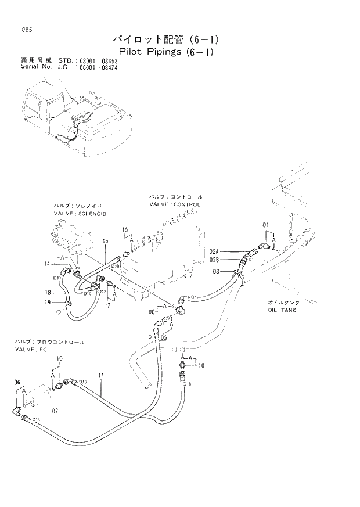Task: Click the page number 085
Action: pos(24,31)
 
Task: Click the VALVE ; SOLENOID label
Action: pos(80,214)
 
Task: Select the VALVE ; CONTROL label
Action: pos(174,204)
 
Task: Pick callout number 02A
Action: pos(215,251)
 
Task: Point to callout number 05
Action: pos(164,337)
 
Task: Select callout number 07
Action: pos(55,412)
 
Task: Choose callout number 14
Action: pos(47,264)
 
